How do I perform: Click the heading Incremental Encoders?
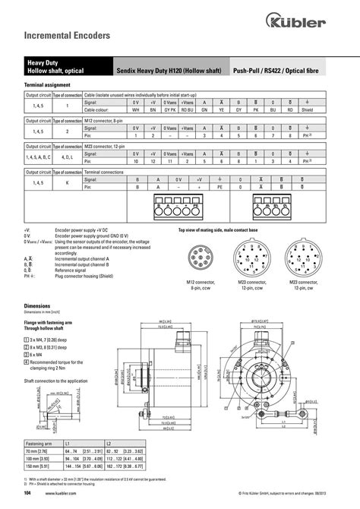(57, 35)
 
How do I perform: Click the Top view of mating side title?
(218, 229)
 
